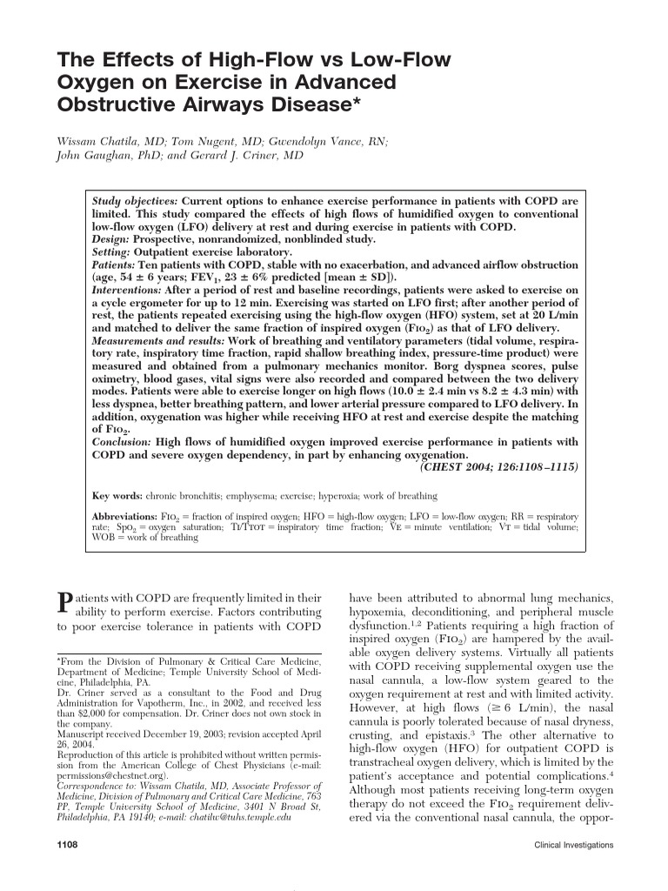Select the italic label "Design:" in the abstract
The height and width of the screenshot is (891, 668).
click(x=112, y=239)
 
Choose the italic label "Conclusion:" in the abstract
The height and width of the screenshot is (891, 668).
click(x=123, y=441)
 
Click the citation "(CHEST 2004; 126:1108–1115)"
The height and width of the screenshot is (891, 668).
click(x=498, y=466)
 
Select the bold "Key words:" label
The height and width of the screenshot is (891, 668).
click(x=117, y=496)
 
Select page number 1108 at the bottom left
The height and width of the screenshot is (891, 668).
click(x=69, y=844)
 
